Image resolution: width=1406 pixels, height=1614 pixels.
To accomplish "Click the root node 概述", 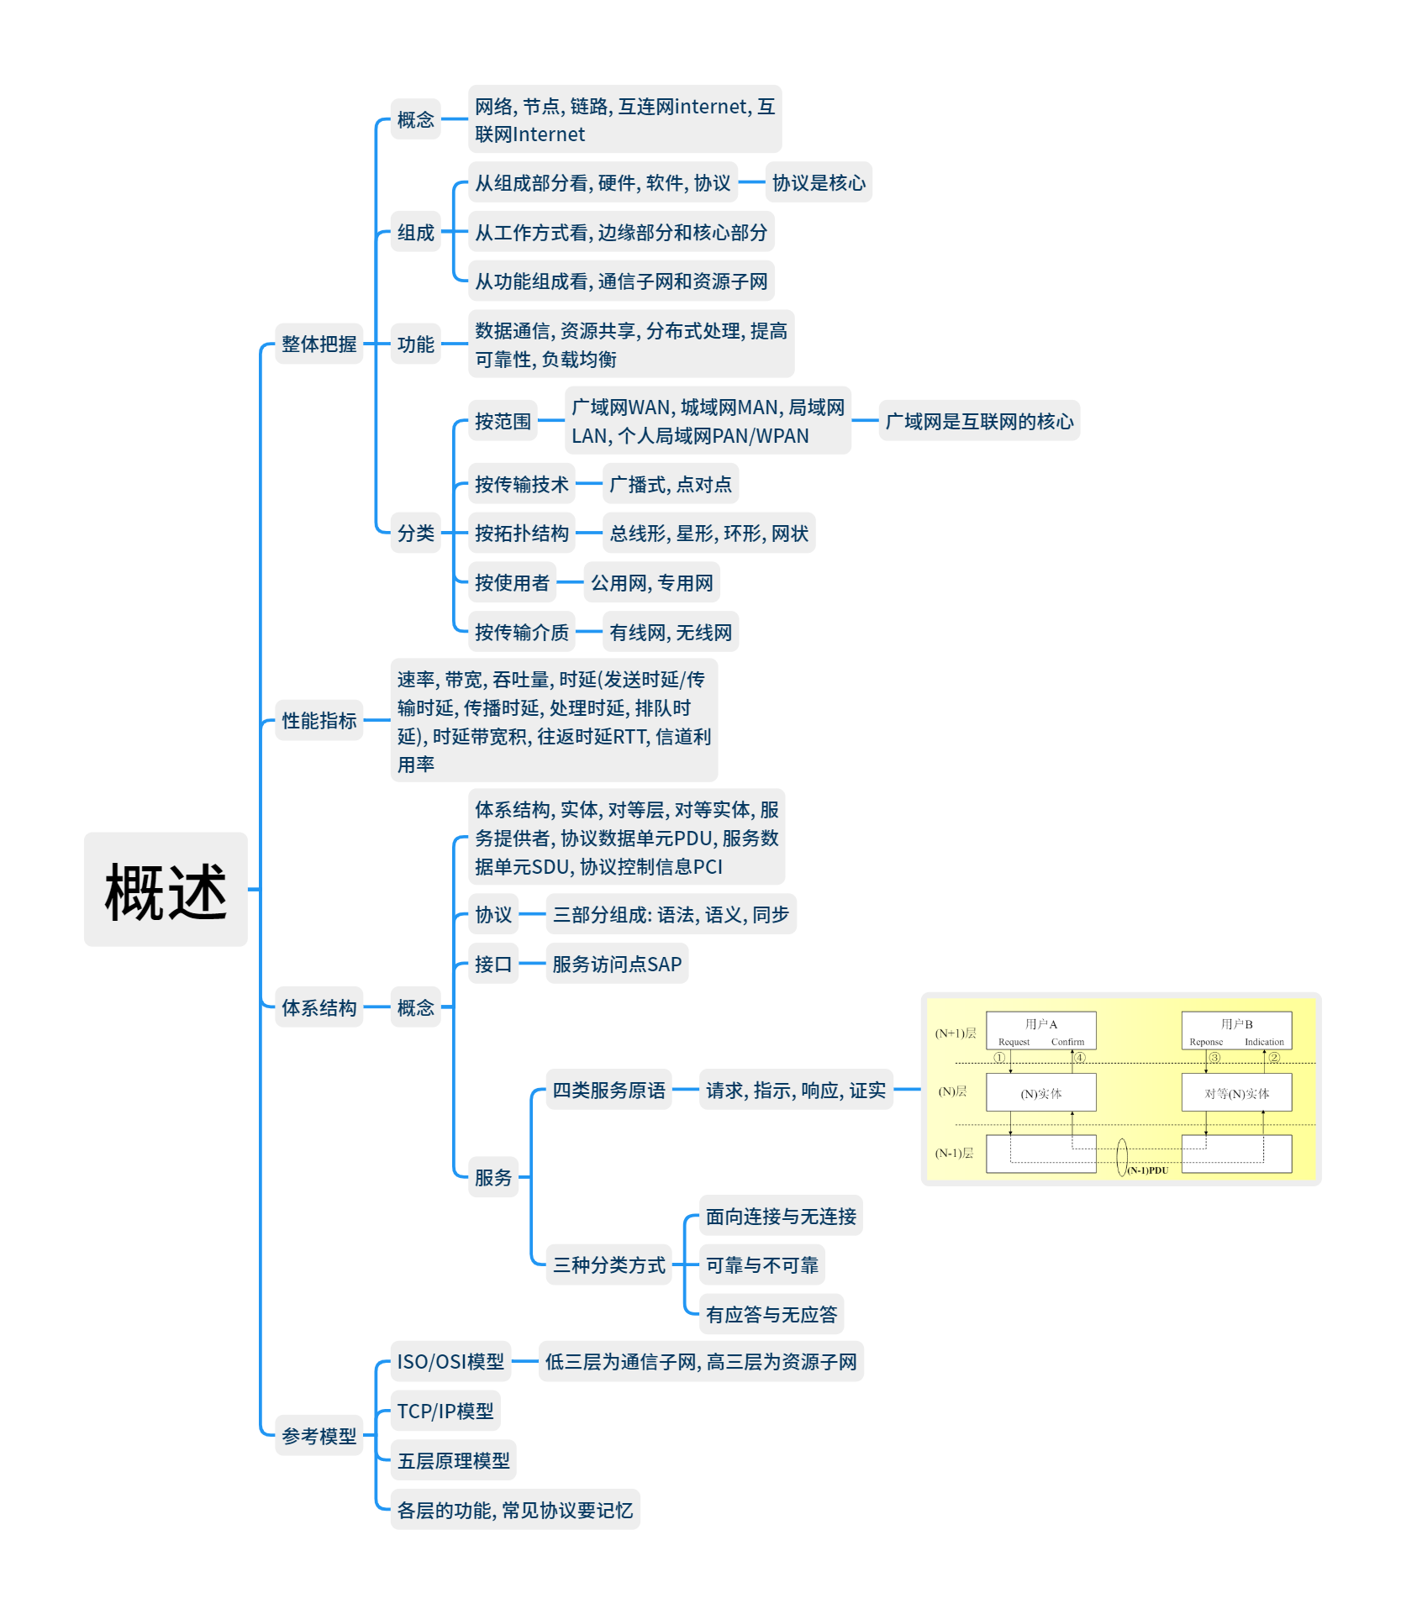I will pyautogui.click(x=166, y=890).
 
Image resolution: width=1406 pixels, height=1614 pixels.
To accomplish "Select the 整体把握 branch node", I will pyautogui.click(x=319, y=344).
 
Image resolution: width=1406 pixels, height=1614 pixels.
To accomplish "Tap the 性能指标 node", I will pyautogui.click(x=319, y=720).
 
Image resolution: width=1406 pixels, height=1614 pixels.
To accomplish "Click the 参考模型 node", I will pyautogui.click(x=319, y=1436).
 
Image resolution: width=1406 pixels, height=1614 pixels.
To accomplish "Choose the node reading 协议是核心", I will pyautogui.click(x=818, y=182).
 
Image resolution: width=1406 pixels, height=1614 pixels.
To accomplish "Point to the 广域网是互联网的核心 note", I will pyautogui.click(x=979, y=421).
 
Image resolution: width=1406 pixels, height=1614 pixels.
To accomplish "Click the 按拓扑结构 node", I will pyautogui.click(x=521, y=533).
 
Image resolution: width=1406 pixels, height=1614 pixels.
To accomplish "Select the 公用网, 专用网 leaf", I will pyautogui.click(x=651, y=582).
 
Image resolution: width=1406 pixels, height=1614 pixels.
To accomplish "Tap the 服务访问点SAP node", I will pyautogui.click(x=616, y=964).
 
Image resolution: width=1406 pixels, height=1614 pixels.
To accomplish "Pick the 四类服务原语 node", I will pyautogui.click(x=608, y=1090).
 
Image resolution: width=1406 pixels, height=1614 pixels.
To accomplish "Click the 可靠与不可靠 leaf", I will pyautogui.click(x=761, y=1264).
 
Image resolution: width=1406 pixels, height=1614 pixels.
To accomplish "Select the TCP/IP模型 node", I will pyautogui.click(x=445, y=1411).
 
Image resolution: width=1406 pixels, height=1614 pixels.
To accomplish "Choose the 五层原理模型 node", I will pyautogui.click(x=453, y=1460).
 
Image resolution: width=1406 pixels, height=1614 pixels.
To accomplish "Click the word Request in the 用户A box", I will pyautogui.click(x=1014, y=1042).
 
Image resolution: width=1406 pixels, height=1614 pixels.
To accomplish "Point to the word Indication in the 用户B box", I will pyautogui.click(x=1264, y=1042).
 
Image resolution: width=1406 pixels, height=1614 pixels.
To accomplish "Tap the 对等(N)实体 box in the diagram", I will pyautogui.click(x=1236, y=1093).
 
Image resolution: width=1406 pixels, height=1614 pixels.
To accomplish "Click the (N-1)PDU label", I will pyautogui.click(x=1147, y=1170).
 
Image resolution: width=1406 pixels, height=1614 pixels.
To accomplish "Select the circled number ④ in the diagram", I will pyautogui.click(x=1080, y=1058).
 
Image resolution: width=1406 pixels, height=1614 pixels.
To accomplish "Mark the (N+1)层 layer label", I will pyautogui.click(x=956, y=1033).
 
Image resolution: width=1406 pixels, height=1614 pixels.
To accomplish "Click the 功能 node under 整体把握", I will pyautogui.click(x=415, y=344).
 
